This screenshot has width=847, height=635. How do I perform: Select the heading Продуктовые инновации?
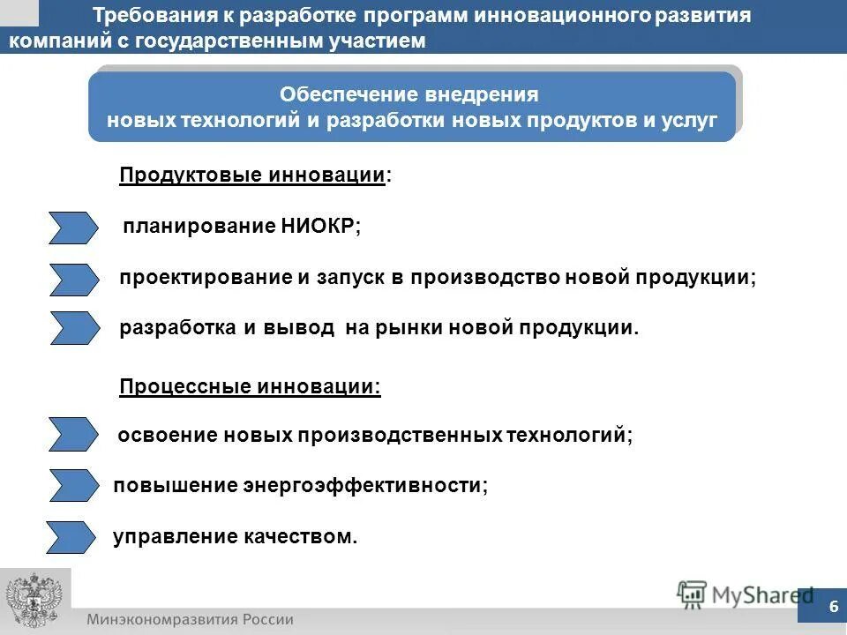pos(252,176)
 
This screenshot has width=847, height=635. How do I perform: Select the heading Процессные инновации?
pos(250,386)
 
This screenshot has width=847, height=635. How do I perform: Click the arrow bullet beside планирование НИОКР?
pos(73,228)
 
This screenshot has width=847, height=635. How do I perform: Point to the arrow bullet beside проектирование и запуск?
pos(73,279)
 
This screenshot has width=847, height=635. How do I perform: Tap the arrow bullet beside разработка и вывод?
pos(73,328)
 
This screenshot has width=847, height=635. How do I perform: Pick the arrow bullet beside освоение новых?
pos(73,435)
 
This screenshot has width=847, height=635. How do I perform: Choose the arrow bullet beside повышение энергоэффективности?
pos(73,485)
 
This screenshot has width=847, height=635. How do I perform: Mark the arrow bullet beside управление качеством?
pos(71,536)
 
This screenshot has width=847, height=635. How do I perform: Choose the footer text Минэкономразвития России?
pos(190,619)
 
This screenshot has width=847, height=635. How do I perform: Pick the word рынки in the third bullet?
pos(408,328)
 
